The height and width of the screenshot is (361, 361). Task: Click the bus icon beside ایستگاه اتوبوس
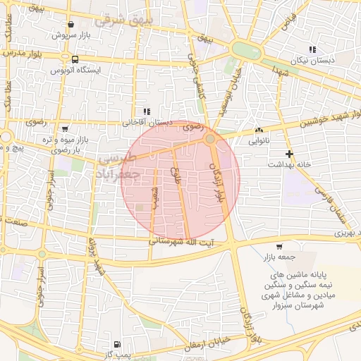tap(75, 60)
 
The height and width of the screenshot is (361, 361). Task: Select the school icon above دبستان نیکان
tap(312, 49)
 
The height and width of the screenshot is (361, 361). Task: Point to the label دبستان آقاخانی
tap(147, 121)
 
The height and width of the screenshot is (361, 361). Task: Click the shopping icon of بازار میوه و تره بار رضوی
tap(66, 129)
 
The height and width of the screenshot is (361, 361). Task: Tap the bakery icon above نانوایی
tap(259, 130)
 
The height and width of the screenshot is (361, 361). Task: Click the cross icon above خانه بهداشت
tap(288, 153)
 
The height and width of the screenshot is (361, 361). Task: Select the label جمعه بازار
tap(279, 257)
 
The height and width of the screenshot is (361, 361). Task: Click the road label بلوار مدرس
tap(19, 54)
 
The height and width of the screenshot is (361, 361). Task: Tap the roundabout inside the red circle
tap(211, 140)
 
